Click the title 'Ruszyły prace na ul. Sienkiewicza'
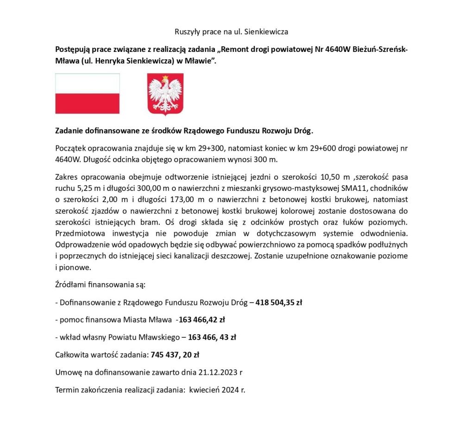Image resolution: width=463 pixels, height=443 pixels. click(231, 32)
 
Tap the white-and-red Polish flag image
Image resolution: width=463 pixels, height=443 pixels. click(88, 94)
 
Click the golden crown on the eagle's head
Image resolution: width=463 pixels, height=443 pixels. click(165, 77)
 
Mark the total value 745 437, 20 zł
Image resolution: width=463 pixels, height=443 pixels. click(175, 355)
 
